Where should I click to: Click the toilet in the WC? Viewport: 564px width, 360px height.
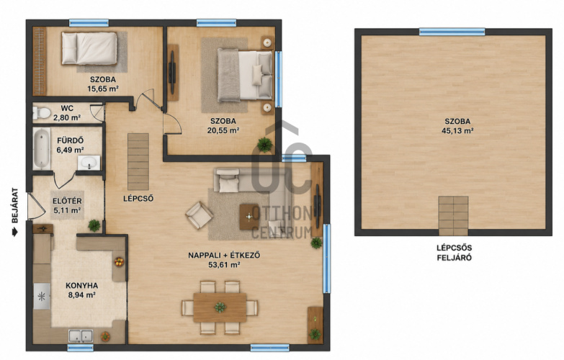pyautogui.click(x=41, y=113)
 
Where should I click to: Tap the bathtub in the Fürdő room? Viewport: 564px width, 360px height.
pyautogui.click(x=42, y=148)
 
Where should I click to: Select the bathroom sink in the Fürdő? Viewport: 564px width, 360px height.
pyautogui.click(x=89, y=163)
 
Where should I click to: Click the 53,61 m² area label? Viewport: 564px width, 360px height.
pyautogui.click(x=224, y=265)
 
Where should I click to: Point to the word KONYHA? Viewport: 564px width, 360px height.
pyautogui.click(x=81, y=286)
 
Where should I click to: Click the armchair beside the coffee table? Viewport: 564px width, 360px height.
pyautogui.click(x=199, y=215)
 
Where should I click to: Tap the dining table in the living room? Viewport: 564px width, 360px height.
pyautogui.click(x=220, y=307)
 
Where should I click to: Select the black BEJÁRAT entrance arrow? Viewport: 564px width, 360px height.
pyautogui.click(x=14, y=233)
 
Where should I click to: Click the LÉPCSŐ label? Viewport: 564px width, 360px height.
pyautogui.click(x=138, y=199)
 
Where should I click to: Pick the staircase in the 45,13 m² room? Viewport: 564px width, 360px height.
pyautogui.click(x=453, y=216)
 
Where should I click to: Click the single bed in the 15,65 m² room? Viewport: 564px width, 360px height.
pyautogui.click(x=89, y=48)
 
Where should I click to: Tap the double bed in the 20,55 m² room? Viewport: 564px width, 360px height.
pyautogui.click(x=245, y=75)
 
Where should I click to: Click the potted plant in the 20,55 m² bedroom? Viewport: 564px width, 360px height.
pyautogui.click(x=265, y=145)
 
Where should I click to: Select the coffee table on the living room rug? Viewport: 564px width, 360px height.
pyautogui.click(x=249, y=217)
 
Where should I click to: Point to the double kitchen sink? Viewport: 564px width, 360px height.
pyautogui.click(x=81, y=336)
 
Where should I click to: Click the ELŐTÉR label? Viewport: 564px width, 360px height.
pyautogui.click(x=67, y=201)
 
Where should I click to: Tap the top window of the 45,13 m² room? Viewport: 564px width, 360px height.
pyautogui.click(x=452, y=32)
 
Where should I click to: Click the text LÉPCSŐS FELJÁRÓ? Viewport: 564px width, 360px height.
pyautogui.click(x=454, y=253)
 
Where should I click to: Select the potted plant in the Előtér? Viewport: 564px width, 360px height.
pyautogui.click(x=94, y=225)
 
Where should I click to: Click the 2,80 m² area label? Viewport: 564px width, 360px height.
pyautogui.click(x=67, y=117)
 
